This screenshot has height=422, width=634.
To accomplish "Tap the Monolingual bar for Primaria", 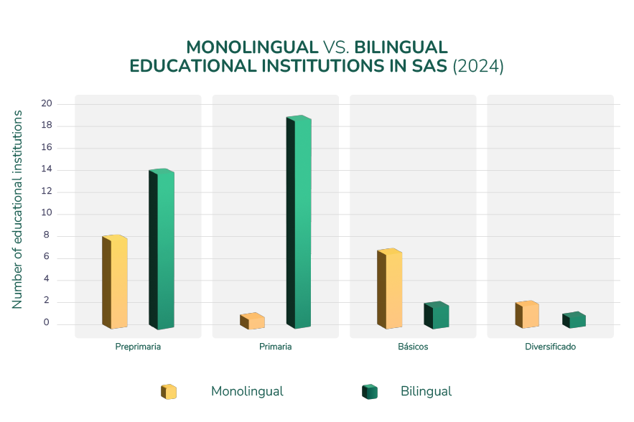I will tap(252, 322).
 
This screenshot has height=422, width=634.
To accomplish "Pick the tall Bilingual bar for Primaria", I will tap(299, 222).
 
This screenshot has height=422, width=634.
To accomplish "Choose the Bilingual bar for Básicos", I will tap(437, 316).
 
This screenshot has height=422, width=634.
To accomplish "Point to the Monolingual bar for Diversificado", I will tap(527, 315).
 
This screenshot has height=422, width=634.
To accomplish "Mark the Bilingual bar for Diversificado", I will tap(574, 320).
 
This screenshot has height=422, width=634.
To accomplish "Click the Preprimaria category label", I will tap(138, 347).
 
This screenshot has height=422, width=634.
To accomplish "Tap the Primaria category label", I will tap(276, 347).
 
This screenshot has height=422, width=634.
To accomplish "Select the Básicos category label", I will tap(413, 347).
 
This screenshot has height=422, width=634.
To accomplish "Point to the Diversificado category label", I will tap(551, 347).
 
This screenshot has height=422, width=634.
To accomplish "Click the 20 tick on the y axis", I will tap(47, 104).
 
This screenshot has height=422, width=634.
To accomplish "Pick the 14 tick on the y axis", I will tap(47, 170).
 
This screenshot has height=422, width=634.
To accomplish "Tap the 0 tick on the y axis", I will tap(47, 324).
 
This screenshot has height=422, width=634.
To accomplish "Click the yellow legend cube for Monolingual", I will tap(169, 392).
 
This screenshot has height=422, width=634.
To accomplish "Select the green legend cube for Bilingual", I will tap(370, 392).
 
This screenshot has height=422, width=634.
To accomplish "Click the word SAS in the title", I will tap(430, 66).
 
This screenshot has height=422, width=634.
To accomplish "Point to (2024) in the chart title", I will tap(479, 66).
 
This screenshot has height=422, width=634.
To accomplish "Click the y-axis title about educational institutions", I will tap(17, 210).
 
